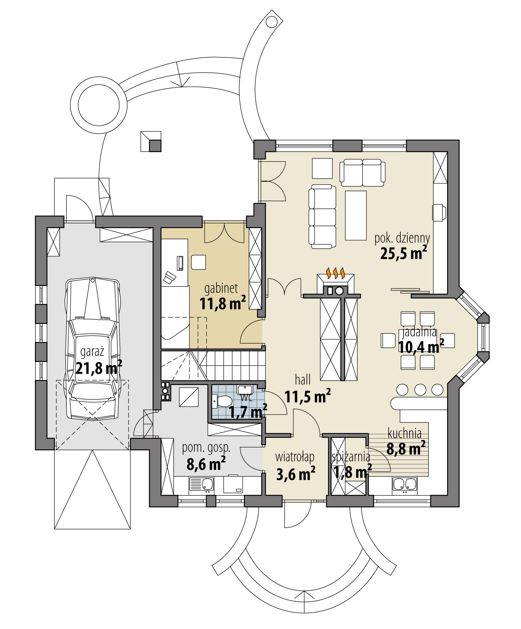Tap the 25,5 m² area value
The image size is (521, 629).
click(403, 253)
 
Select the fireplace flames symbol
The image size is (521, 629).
click(336, 273)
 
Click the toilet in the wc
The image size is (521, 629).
click(223, 402)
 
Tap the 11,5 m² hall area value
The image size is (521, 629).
click(307, 396)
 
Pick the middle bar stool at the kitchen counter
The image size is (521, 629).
click(420, 390)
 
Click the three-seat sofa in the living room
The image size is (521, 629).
click(322, 216)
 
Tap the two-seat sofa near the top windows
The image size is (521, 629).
click(362, 172)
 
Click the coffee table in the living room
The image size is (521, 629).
click(356, 215)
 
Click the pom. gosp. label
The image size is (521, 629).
click(206, 448)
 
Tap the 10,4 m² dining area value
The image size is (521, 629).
click(420, 347)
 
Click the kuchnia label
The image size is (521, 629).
click(404, 434)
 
